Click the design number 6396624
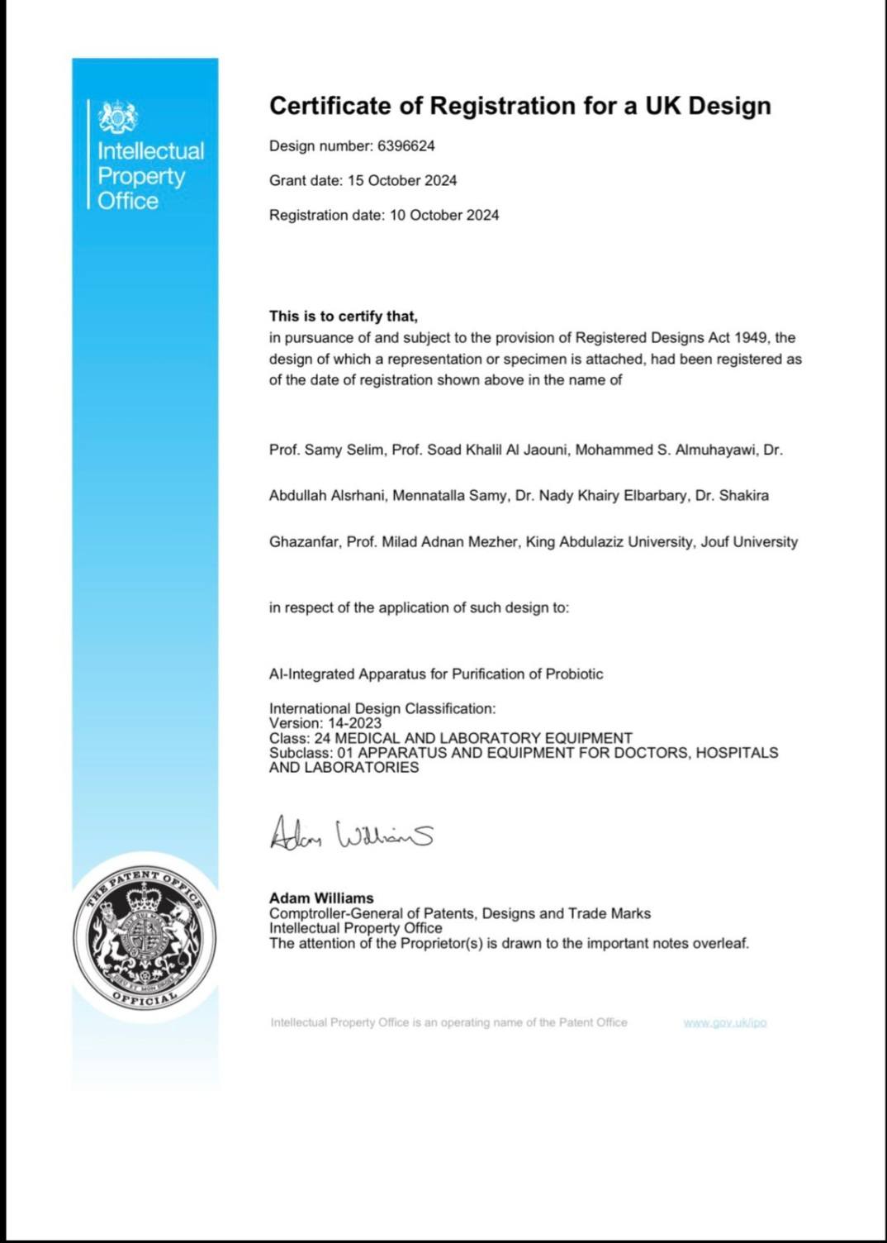(406, 146)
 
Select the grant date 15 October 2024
(401, 181)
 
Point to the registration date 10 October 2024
(444, 216)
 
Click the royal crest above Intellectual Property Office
(118, 118)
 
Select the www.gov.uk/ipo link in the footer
(725, 1023)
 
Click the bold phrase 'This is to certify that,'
(344, 317)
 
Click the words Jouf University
(749, 542)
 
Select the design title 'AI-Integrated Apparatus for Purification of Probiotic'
(436, 674)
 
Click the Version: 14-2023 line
(325, 723)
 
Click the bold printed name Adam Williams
(321, 898)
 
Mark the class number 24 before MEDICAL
(322, 738)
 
